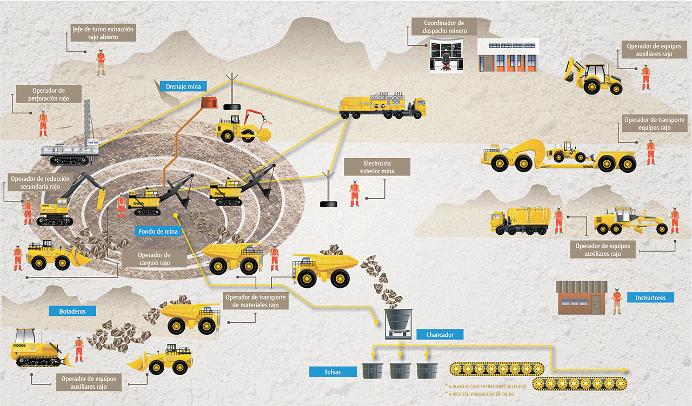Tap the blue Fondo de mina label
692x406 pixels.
(155, 232)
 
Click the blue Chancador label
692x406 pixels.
(440, 335)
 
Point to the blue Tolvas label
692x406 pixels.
(333, 371)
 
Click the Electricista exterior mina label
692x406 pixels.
(377, 167)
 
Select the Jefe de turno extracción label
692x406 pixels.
(103, 33)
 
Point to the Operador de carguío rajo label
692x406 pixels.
(154, 259)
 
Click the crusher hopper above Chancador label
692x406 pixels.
(398, 323)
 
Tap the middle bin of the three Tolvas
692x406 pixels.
(400, 370)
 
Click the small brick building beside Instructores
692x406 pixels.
(582, 297)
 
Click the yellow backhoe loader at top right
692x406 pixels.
(593, 76)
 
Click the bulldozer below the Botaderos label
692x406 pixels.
(39, 348)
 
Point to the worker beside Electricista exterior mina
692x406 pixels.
(354, 194)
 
